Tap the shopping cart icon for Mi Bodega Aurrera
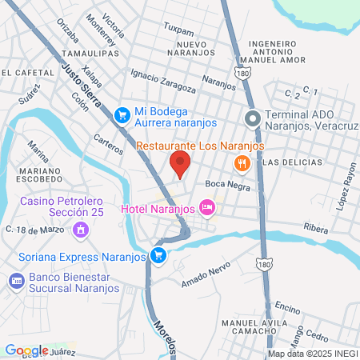click(x=122, y=114)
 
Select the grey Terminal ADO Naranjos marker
click(x=253, y=120)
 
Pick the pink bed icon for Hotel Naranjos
click(x=207, y=209)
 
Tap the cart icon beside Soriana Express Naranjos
click(x=158, y=256)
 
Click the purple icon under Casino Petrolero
click(x=80, y=230)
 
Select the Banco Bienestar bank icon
click(x=15, y=281)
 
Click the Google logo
click(x=26, y=350)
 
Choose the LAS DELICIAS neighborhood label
click(x=292, y=162)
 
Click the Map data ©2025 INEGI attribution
click(x=313, y=353)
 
